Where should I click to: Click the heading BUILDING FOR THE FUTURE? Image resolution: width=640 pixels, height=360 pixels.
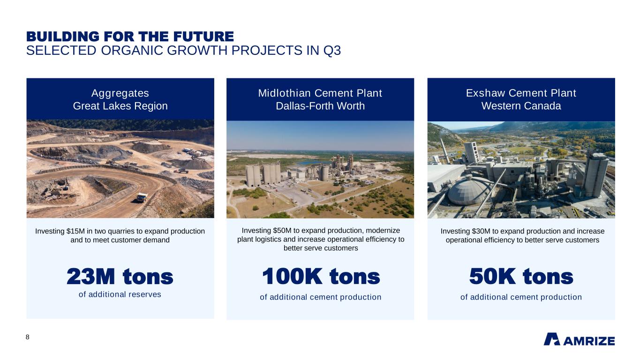pyautogui.click(x=130, y=37)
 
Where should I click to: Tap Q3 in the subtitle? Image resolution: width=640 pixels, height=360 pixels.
pyautogui.click(x=332, y=50)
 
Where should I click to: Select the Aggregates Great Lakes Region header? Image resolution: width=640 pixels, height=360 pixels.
pyautogui.click(x=120, y=99)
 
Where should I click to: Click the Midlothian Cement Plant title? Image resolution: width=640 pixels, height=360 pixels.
pyautogui.click(x=320, y=93)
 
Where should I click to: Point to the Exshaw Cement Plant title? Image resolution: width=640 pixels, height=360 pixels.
pyautogui.click(x=521, y=93)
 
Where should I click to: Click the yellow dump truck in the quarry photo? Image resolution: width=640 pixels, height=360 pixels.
pyautogui.click(x=142, y=197)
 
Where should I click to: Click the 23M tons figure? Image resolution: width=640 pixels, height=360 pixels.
pyautogui.click(x=120, y=277)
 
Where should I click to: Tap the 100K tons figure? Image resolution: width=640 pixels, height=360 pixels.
pyautogui.click(x=321, y=277)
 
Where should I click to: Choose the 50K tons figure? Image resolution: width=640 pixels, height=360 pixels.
pyautogui.click(x=521, y=277)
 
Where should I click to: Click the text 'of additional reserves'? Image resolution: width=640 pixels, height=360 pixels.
pyautogui.click(x=120, y=294)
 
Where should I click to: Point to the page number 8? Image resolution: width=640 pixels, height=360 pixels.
pyautogui.click(x=27, y=337)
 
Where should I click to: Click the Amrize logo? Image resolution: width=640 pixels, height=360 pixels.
pyautogui.click(x=579, y=339)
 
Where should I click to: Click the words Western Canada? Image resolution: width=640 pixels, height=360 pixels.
pyautogui.click(x=521, y=106)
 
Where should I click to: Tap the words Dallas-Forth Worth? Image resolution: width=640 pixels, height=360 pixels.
pyautogui.click(x=320, y=106)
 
